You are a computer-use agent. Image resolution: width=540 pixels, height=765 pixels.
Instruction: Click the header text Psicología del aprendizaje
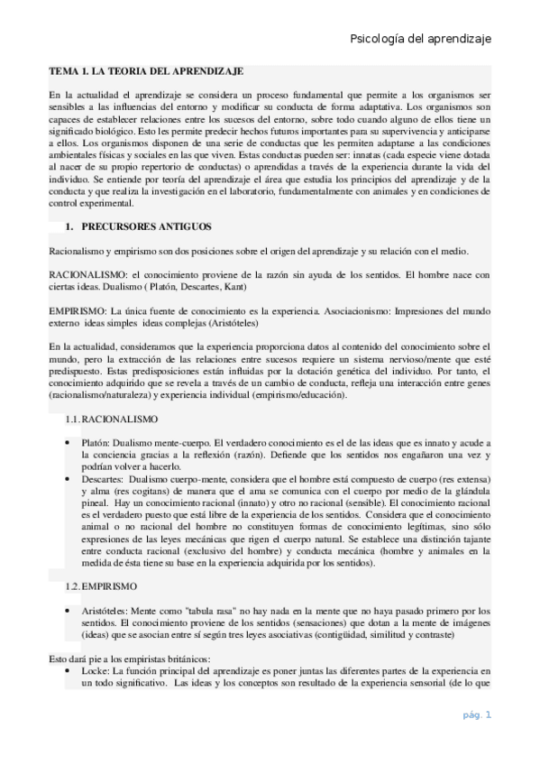(x=419, y=39)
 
